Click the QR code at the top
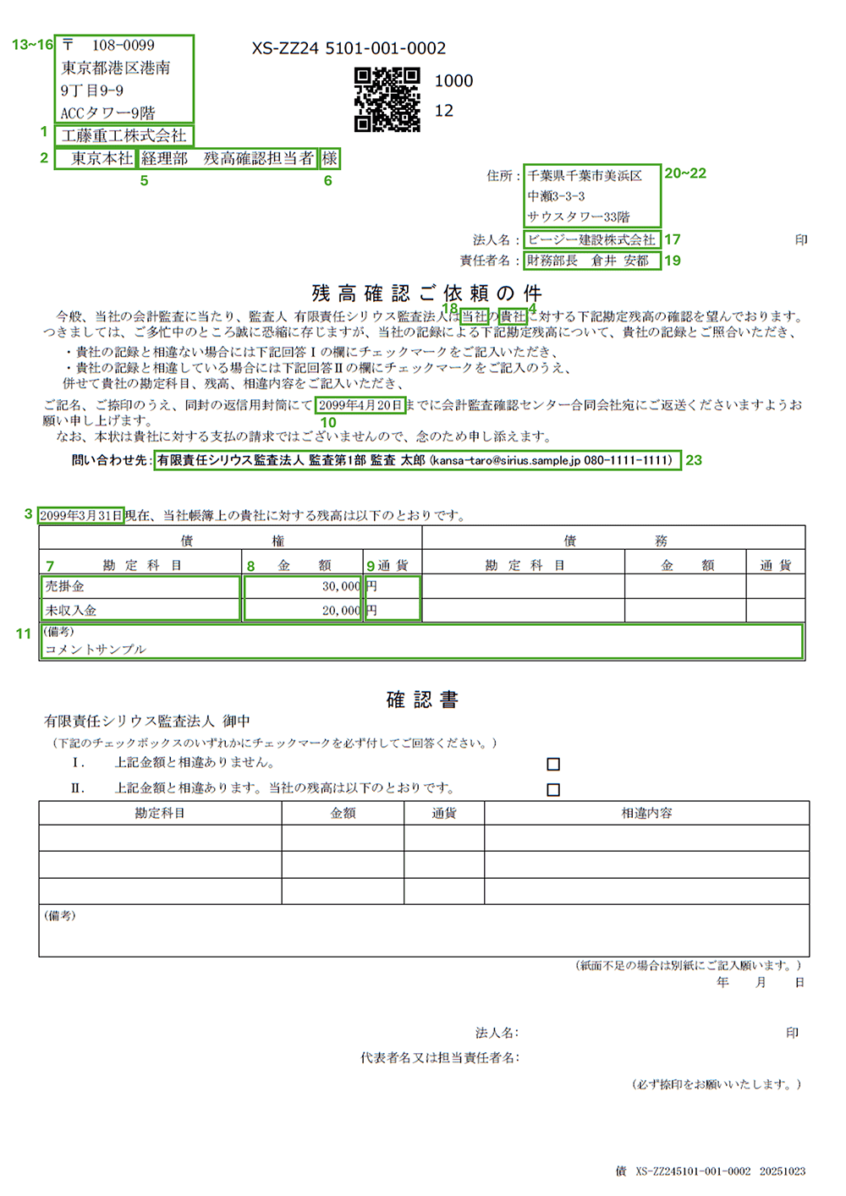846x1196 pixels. pyautogui.click(x=387, y=100)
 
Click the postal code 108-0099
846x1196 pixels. pyautogui.click(x=123, y=46)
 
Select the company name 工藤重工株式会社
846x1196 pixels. pyautogui.click(x=124, y=135)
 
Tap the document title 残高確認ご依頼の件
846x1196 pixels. pyautogui.click(x=426, y=293)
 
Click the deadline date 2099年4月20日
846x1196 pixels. pyautogui.click(x=360, y=405)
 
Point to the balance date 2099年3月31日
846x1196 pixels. pyautogui.click(x=81, y=515)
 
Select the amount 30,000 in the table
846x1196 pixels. pyautogui.click(x=340, y=586)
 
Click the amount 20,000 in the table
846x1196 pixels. pyautogui.click(x=340, y=610)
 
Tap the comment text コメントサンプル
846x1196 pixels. pyautogui.click(x=96, y=649)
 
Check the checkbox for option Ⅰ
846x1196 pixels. pyautogui.click(x=553, y=764)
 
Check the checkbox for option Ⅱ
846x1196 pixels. pyautogui.click(x=553, y=789)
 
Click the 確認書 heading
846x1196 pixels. pyautogui.click(x=422, y=699)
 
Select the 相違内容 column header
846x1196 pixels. pyautogui.click(x=646, y=813)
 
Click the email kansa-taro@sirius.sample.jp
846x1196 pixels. pyautogui.click(x=506, y=460)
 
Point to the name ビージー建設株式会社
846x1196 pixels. pyautogui.click(x=591, y=239)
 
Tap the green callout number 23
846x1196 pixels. pyautogui.click(x=694, y=460)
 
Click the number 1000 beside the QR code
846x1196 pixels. pyautogui.click(x=453, y=81)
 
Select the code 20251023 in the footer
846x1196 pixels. pyautogui.click(x=782, y=1171)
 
